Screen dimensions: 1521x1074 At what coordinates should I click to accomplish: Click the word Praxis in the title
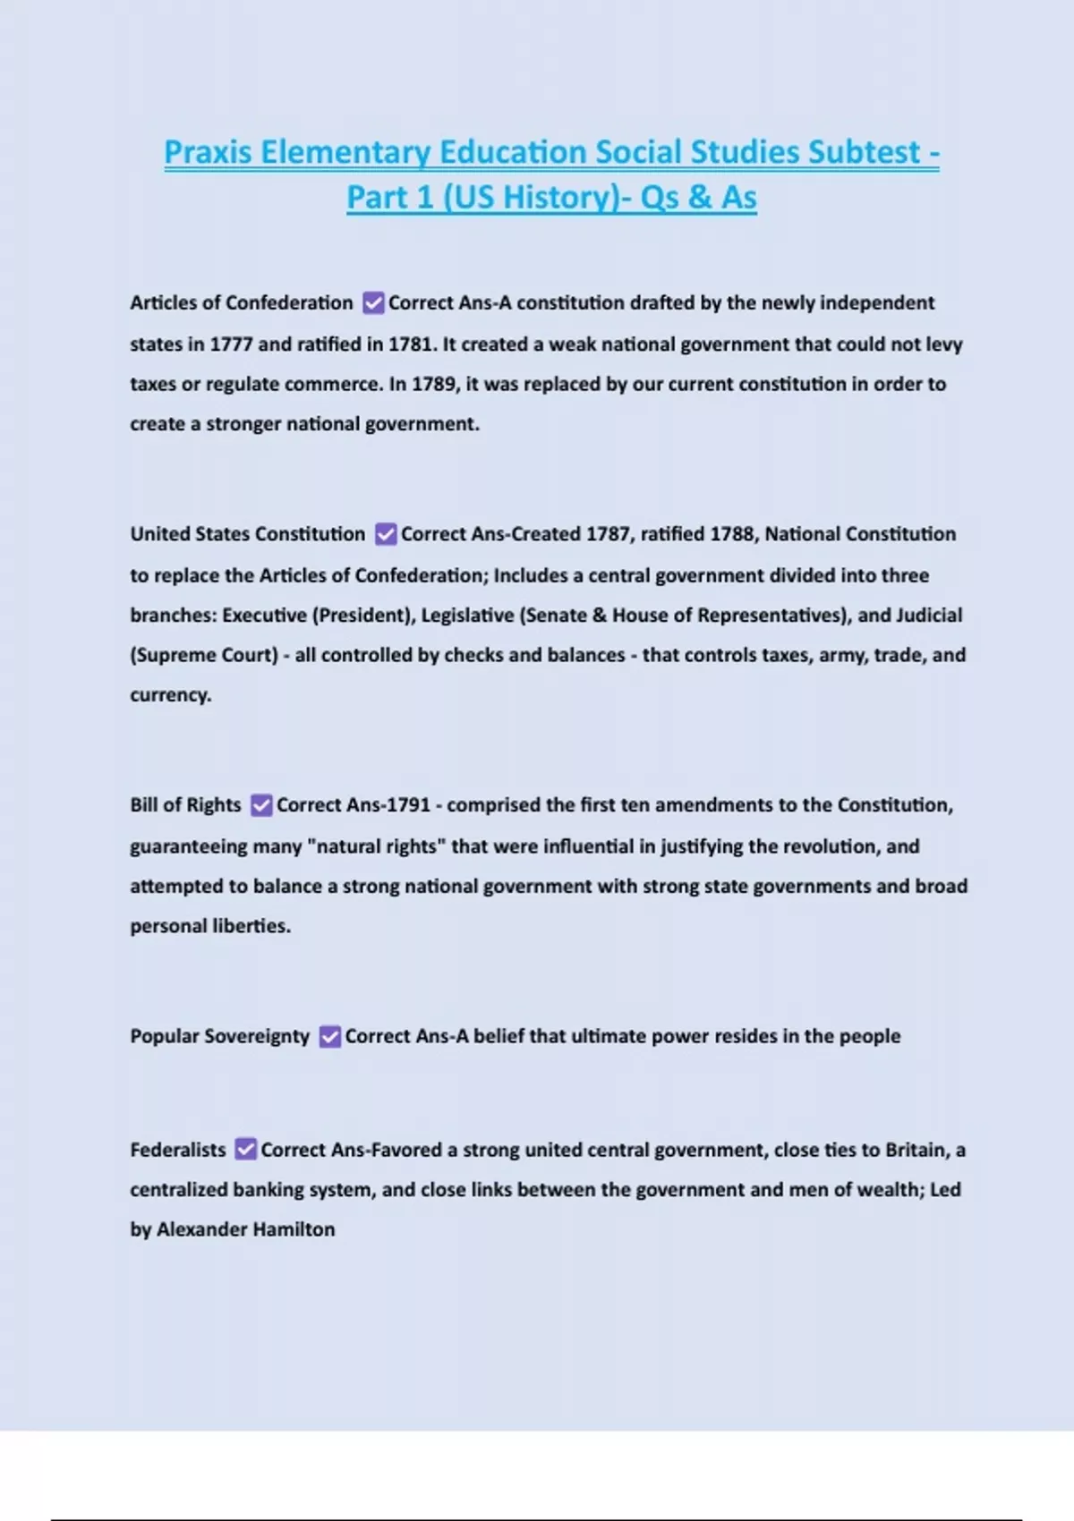coord(208,152)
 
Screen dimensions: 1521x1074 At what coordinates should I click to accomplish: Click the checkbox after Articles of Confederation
coord(373,303)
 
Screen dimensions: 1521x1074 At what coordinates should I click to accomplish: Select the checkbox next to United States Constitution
coord(386,534)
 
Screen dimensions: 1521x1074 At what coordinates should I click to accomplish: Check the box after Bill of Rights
coord(261,805)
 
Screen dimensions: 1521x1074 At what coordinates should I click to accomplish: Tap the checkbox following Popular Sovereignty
coord(330,1036)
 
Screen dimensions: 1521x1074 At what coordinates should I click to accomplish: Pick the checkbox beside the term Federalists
coord(246,1150)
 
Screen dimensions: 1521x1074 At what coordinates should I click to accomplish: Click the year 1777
coord(231,344)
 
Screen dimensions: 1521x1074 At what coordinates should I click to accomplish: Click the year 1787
coord(608,534)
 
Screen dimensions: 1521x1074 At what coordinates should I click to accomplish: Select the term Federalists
coord(178,1150)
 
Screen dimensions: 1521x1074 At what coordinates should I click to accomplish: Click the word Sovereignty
coord(257,1036)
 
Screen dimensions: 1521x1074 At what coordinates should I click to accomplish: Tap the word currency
coord(170,695)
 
